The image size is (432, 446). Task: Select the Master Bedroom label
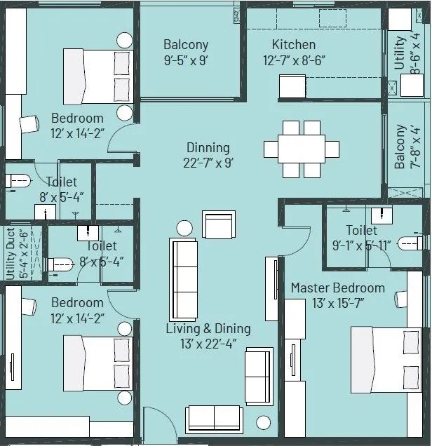click(337, 288)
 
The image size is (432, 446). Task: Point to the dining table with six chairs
click(302, 149)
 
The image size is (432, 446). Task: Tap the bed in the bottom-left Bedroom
click(97, 365)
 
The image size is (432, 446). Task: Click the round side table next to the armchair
click(184, 228)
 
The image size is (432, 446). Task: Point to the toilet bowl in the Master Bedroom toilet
click(410, 243)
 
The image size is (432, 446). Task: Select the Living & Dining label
click(208, 328)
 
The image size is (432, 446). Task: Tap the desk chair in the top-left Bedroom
click(29, 124)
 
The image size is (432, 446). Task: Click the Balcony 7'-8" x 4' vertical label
click(400, 147)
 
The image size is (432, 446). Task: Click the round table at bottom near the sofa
click(263, 423)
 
